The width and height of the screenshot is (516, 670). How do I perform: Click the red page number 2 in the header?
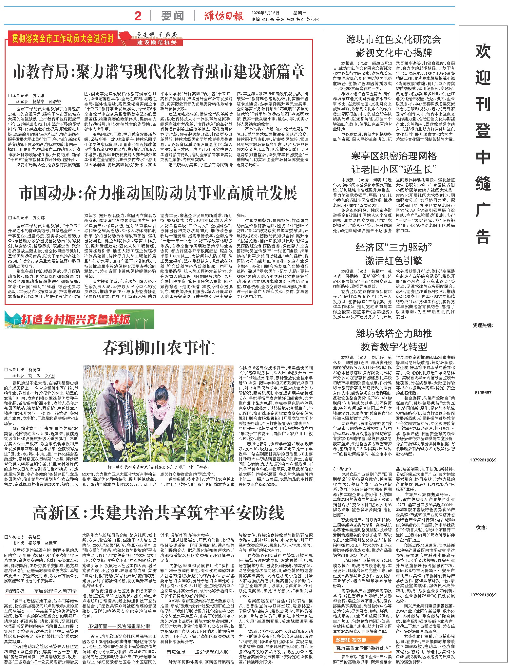(x=138, y=16)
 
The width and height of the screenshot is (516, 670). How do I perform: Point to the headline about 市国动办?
(x=158, y=193)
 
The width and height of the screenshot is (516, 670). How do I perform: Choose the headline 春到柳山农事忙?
(x=158, y=348)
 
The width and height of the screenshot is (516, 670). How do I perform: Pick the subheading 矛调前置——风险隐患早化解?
(x=119, y=626)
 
